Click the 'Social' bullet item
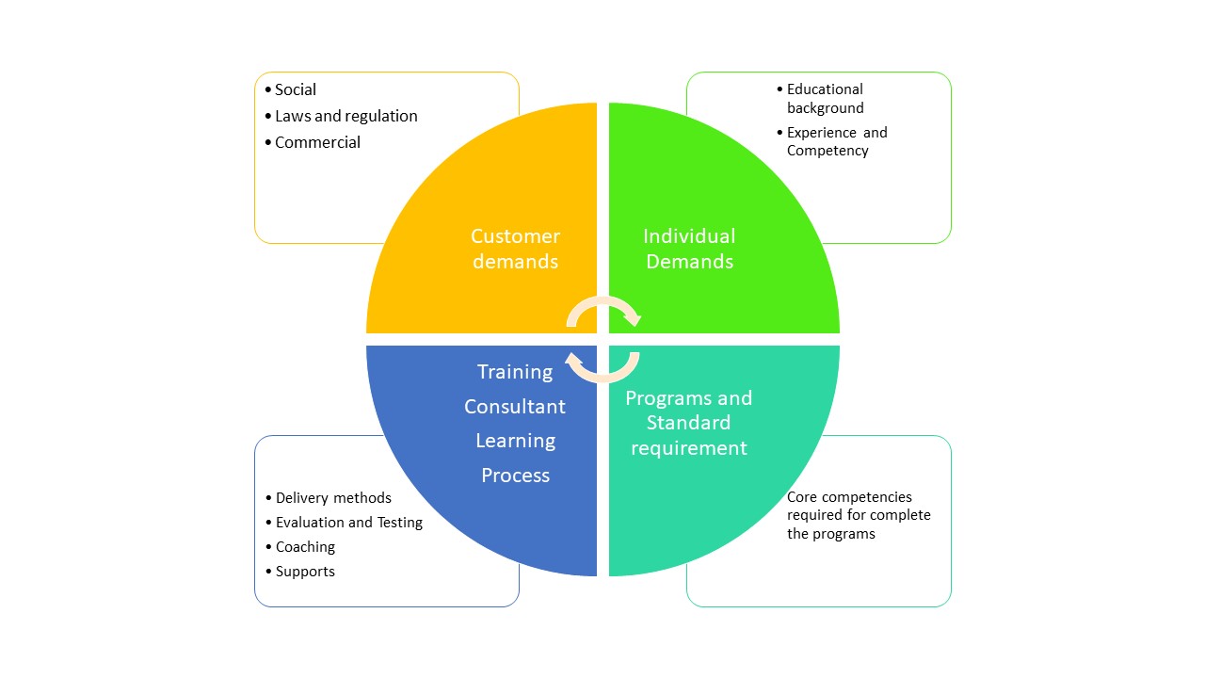pos(295,90)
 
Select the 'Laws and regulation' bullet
pos(345,117)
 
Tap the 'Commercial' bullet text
pos(317,143)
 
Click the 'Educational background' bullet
pos(825,99)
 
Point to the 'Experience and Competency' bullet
pos(836,141)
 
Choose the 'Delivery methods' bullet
pos(333,498)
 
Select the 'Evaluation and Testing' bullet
pos(348,523)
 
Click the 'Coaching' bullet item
pos(305,547)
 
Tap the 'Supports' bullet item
pos(305,572)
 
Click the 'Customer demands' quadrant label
pos(515,249)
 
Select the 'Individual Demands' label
pos(689,249)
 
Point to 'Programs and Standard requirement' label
pos(689,423)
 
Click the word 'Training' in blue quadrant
pos(515,372)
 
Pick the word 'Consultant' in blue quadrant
pos(515,407)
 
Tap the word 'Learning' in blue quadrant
pos(515,441)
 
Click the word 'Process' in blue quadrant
pos(515,476)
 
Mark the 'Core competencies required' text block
pos(859,515)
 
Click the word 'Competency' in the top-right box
pos(827,151)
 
